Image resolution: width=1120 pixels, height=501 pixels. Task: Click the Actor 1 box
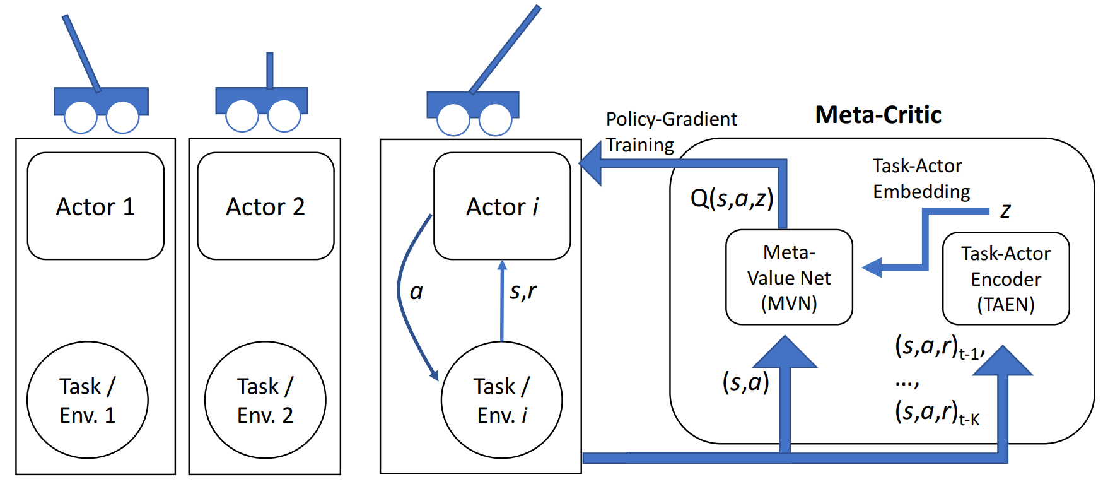point(95,206)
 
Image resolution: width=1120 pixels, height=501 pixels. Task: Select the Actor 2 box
point(265,206)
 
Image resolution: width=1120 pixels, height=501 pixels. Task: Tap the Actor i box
point(502,206)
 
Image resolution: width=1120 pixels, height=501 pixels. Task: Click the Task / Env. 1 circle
point(88,400)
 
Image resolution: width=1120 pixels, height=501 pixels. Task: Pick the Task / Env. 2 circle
point(265,400)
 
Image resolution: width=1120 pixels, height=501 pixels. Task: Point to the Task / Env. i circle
point(502,400)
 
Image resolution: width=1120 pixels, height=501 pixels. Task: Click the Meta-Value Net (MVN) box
point(789,278)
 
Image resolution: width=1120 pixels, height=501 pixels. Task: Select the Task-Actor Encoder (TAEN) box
point(1006,279)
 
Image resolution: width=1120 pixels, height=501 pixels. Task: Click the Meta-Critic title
point(878,115)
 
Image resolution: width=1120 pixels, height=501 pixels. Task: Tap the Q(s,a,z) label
point(732,198)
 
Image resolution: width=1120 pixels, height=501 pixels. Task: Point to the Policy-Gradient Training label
point(670,132)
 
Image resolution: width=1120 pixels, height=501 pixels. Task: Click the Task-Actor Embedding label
point(921,179)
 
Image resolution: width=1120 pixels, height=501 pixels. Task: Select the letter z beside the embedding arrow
point(1005,211)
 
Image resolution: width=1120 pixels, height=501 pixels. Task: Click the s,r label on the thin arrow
point(523,291)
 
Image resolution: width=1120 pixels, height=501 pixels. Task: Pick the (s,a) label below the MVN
point(745,382)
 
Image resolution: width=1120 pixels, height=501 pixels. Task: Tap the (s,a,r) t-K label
point(936,413)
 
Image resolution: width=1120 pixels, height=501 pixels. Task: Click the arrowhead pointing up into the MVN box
point(785,353)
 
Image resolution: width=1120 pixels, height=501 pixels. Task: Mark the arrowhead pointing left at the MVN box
point(873,268)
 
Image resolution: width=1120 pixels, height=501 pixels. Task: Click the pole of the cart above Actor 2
point(270,70)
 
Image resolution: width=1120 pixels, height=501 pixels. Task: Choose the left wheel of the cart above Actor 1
point(81,117)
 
